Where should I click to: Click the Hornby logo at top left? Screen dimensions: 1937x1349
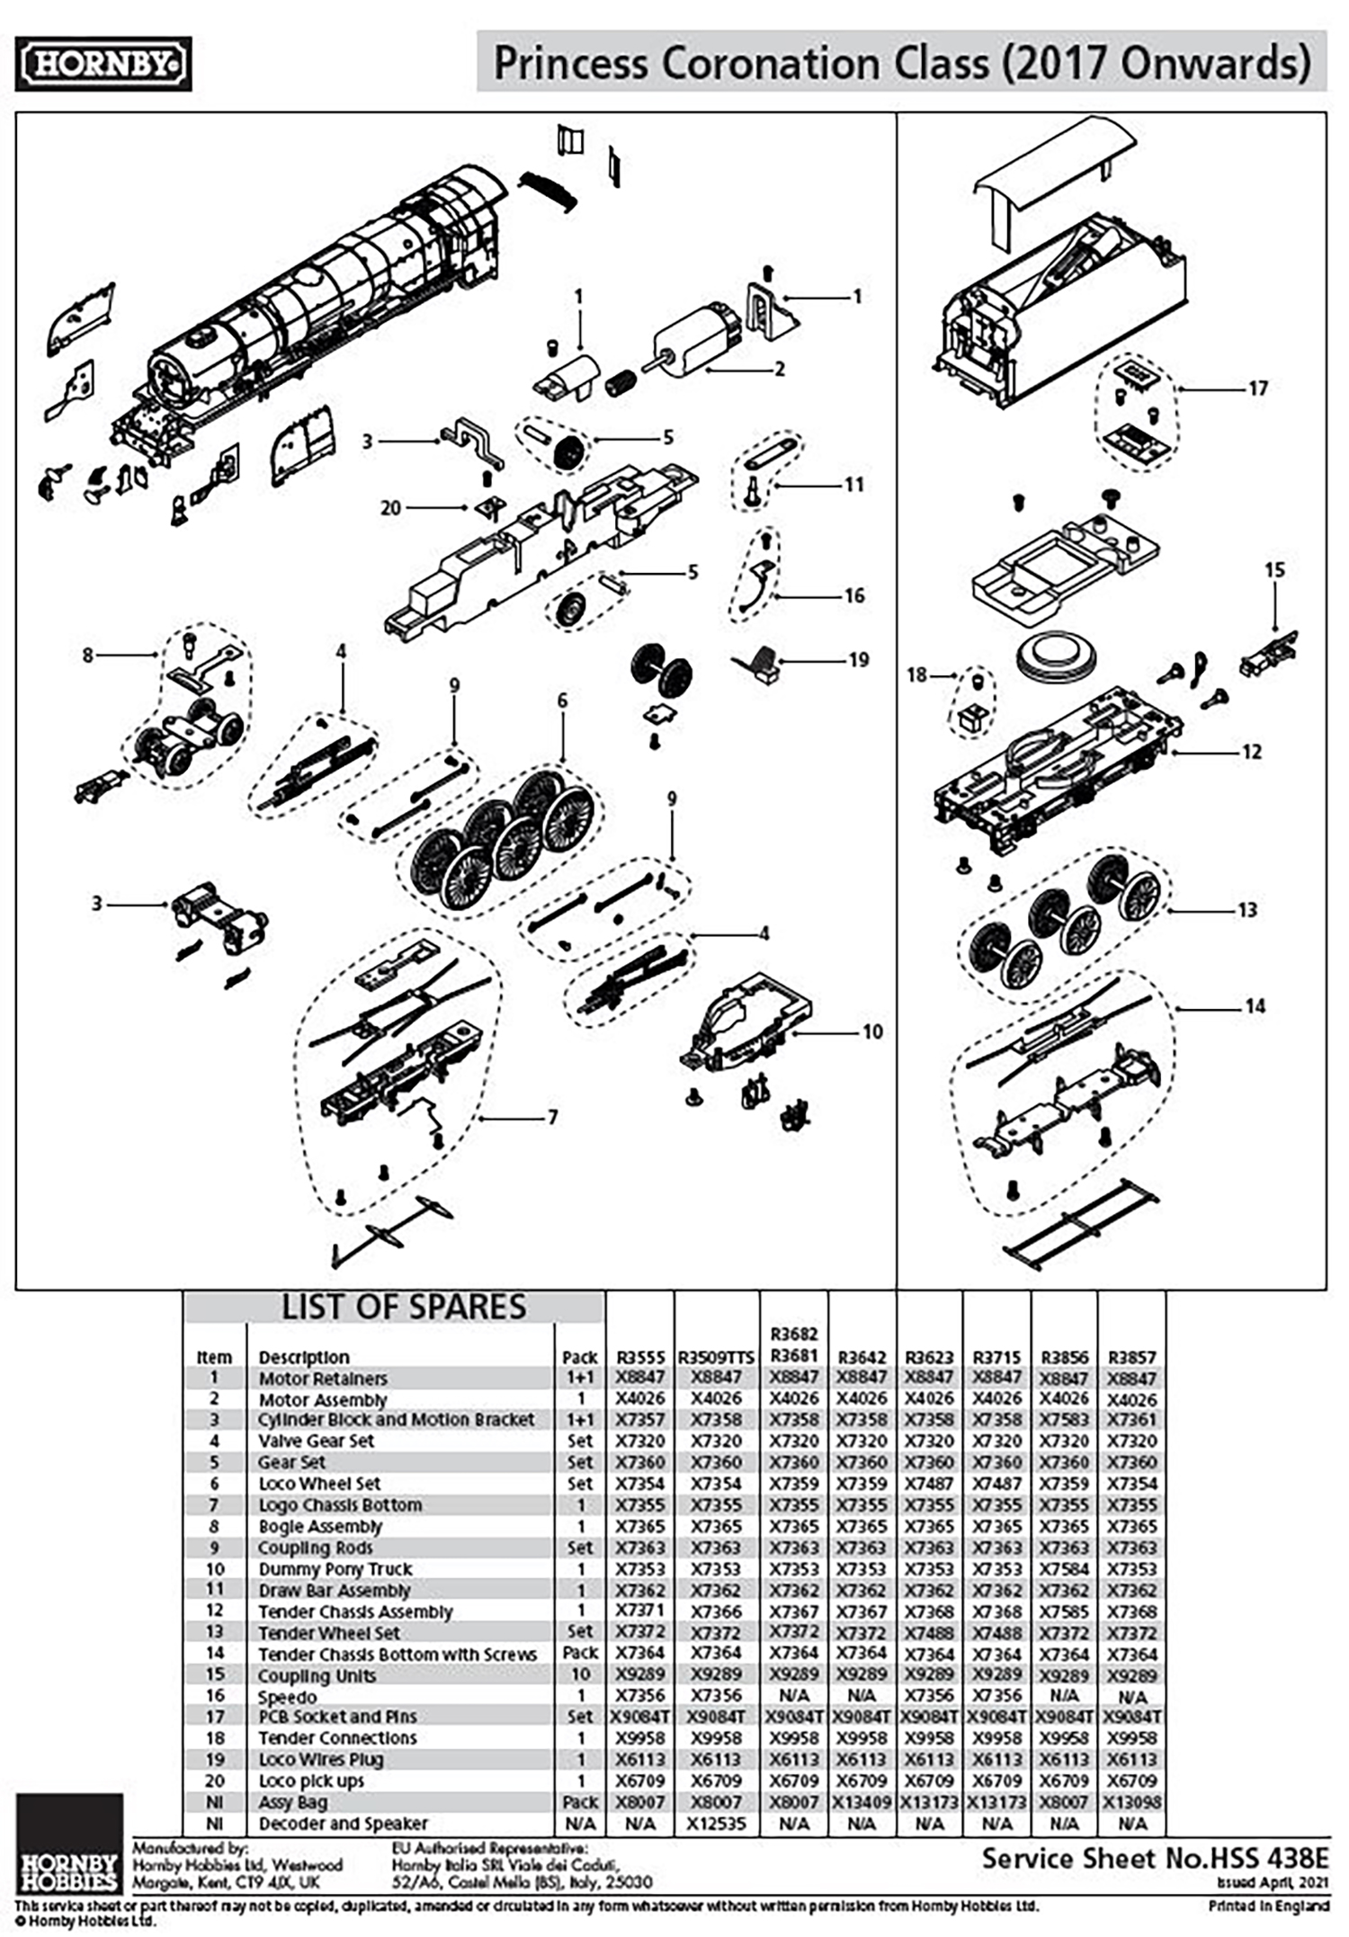[x=103, y=64]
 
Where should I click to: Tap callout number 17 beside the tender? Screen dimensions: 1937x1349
[x=1257, y=388]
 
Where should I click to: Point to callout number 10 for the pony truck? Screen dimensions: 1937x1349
[x=872, y=1031]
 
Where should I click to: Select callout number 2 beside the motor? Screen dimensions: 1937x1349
[x=779, y=369]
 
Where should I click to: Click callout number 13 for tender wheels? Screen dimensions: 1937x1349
[x=1246, y=910]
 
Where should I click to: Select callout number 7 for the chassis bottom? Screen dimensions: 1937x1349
[x=552, y=1118]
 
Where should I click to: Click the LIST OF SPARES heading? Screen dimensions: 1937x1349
[x=404, y=1308]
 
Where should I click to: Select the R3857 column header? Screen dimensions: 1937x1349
[x=1132, y=1357]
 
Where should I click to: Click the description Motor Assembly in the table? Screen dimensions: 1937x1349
[x=322, y=1400]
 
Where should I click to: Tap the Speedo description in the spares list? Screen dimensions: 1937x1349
[x=287, y=1697]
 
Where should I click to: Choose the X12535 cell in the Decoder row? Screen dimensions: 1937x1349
[x=717, y=1824]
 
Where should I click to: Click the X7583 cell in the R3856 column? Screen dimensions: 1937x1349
[x=1064, y=1420]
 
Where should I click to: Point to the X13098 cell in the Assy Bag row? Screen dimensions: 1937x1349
[x=1132, y=1802]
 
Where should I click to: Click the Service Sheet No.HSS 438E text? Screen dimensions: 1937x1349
[x=1154, y=1859]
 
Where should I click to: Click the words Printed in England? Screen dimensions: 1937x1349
[x=1268, y=1906]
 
